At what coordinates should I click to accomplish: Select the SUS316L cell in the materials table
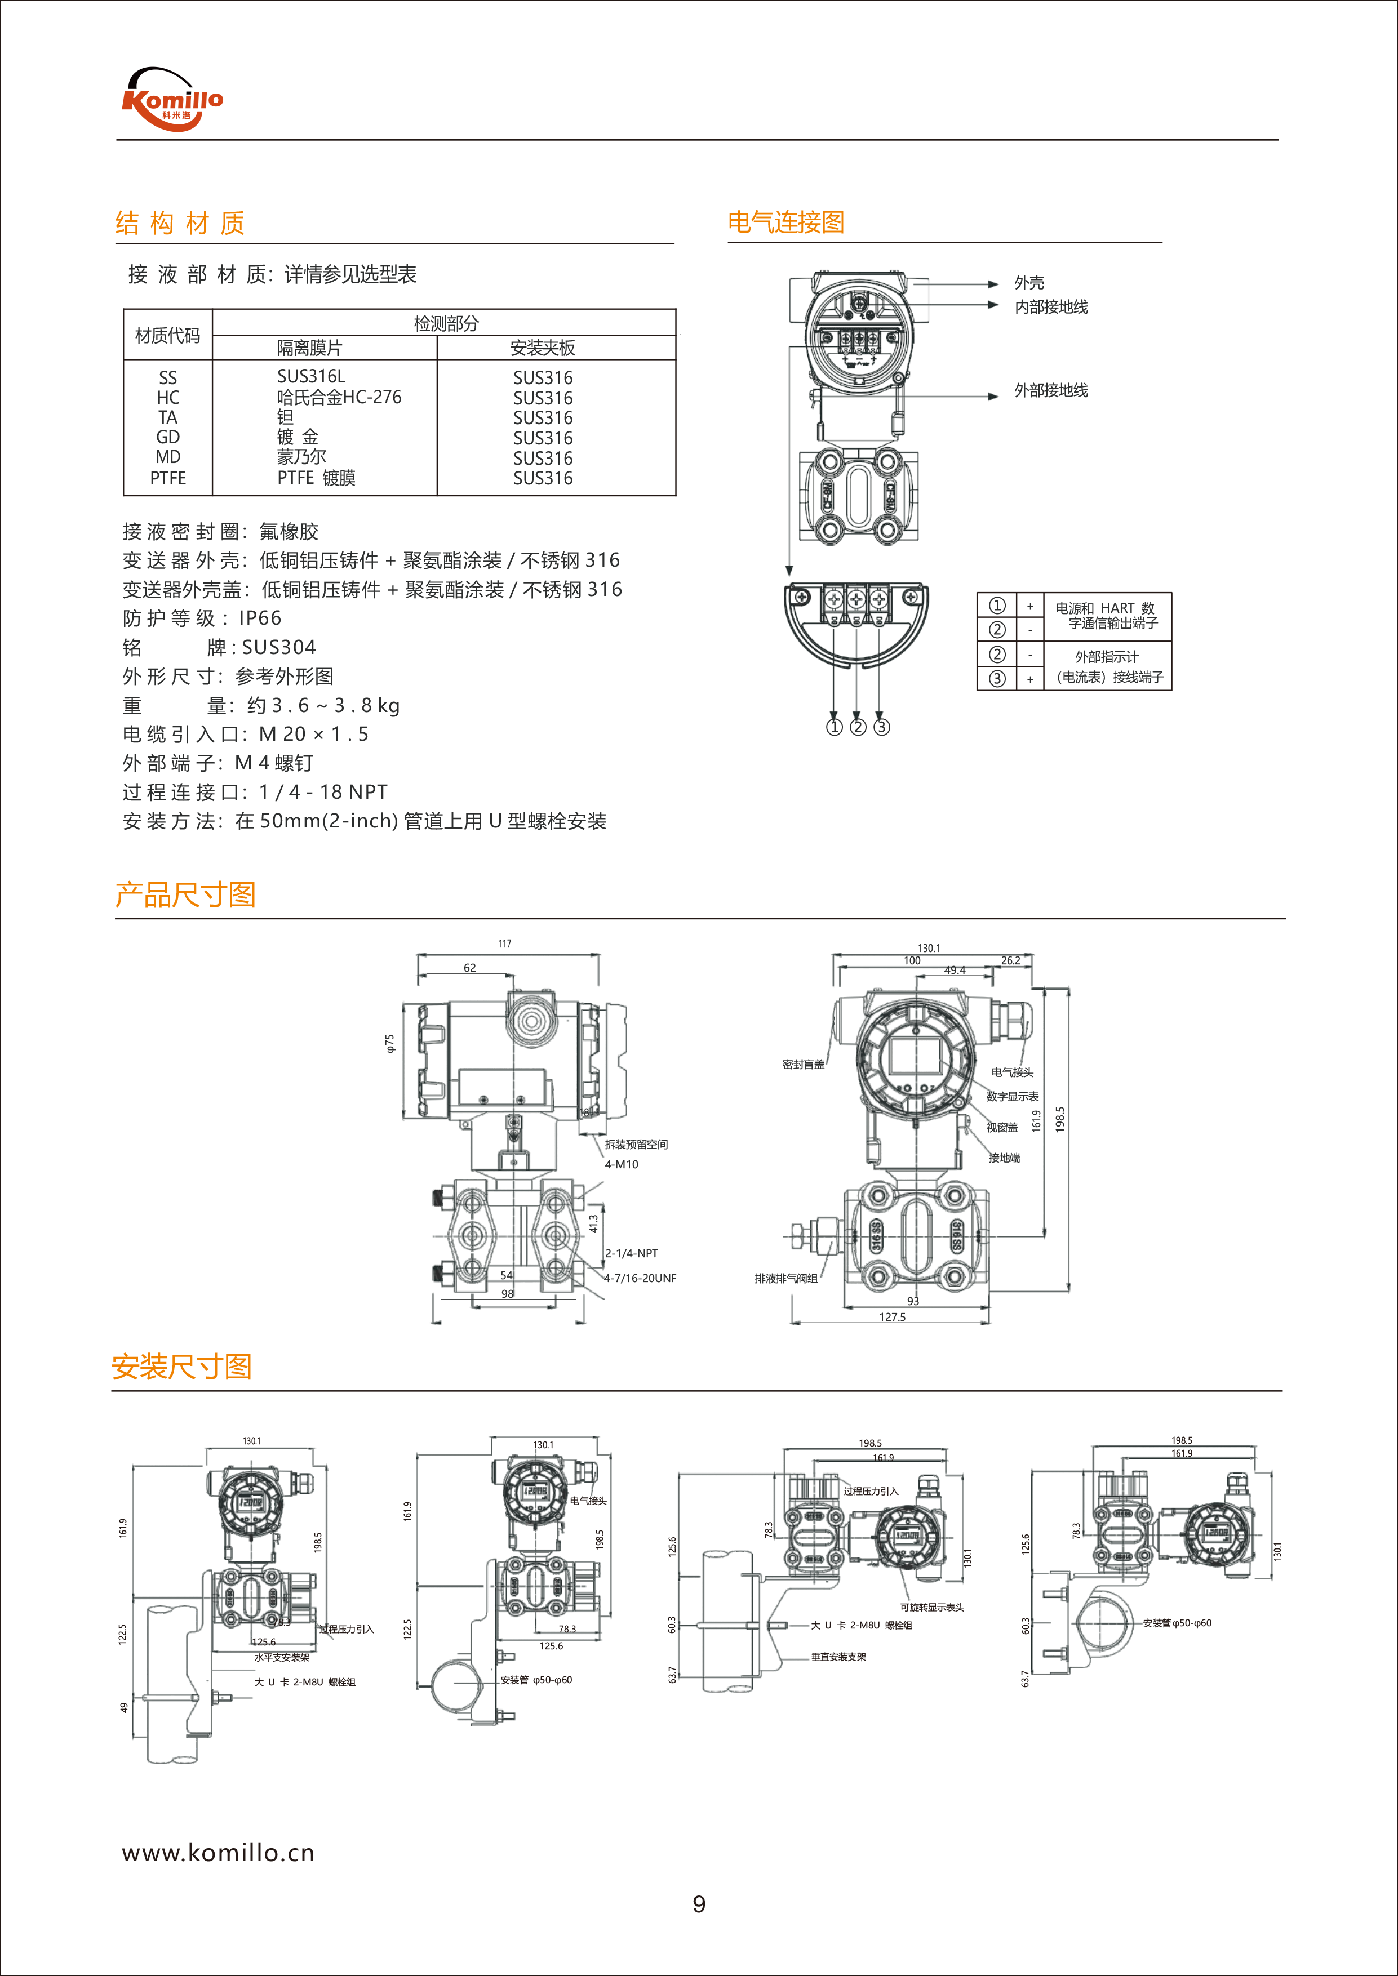click(311, 377)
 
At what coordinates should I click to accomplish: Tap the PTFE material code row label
click(168, 478)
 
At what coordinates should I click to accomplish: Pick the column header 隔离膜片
click(309, 348)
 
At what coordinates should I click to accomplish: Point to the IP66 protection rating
click(260, 618)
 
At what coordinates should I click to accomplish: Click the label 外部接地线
click(1050, 391)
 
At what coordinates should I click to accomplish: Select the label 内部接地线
click(1050, 307)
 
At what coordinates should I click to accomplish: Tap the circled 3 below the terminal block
click(881, 727)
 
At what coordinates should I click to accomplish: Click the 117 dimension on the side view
click(505, 944)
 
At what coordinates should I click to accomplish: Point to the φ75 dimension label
click(390, 1044)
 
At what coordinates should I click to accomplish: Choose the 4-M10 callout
click(622, 1164)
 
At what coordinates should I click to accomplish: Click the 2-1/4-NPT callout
click(631, 1254)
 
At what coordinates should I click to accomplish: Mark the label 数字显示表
click(1013, 1097)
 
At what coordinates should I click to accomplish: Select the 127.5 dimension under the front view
click(892, 1317)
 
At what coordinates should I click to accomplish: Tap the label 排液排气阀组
click(786, 1278)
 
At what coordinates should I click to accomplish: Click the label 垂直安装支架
click(838, 1657)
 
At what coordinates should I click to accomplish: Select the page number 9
click(699, 1904)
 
